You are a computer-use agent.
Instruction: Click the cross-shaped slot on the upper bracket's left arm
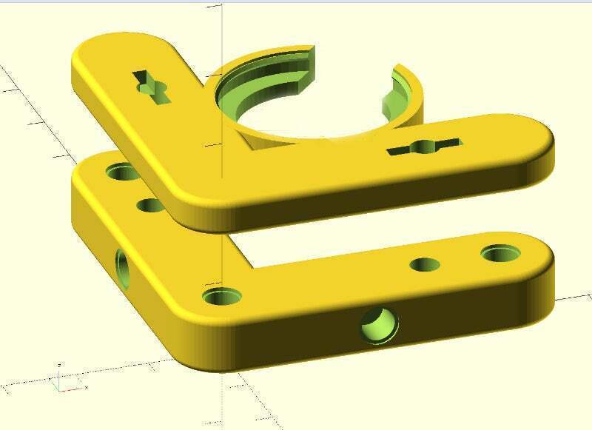click(152, 87)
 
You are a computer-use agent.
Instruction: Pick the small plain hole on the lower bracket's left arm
click(150, 204)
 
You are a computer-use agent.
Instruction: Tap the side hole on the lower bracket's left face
click(122, 269)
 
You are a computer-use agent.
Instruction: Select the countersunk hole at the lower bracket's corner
click(222, 298)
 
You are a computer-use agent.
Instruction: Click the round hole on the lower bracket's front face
click(379, 325)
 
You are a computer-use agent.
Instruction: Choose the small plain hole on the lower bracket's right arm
click(425, 265)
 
